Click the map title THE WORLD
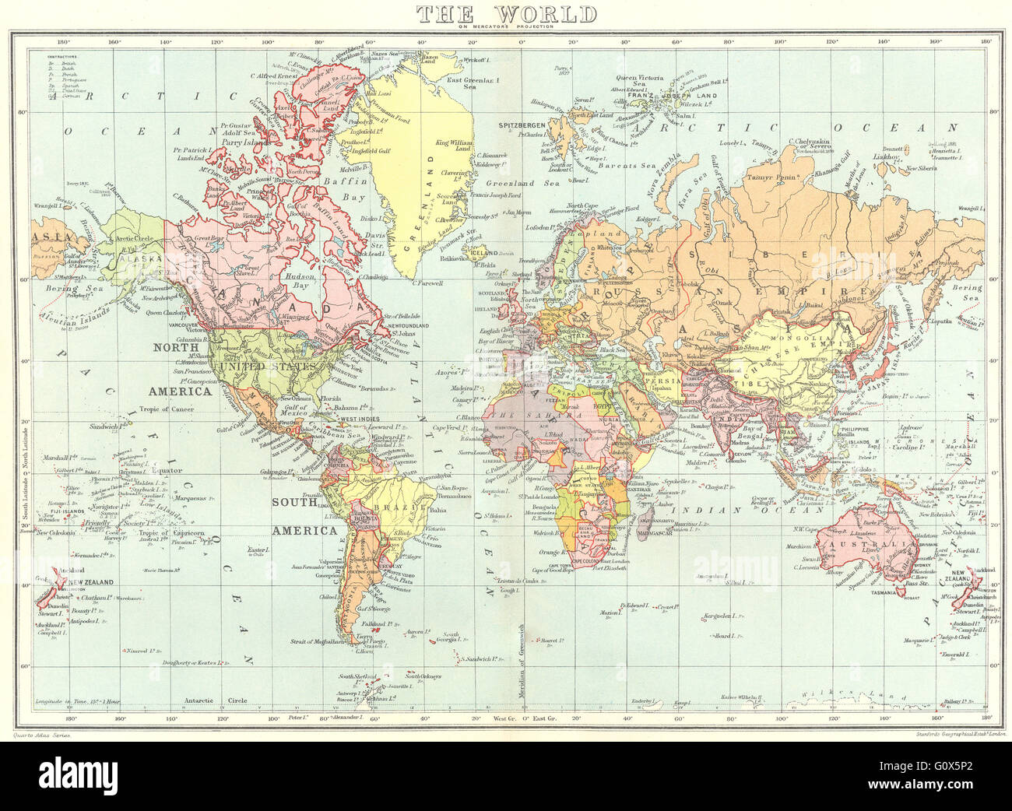pos(506,13)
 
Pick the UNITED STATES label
pos(266,366)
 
